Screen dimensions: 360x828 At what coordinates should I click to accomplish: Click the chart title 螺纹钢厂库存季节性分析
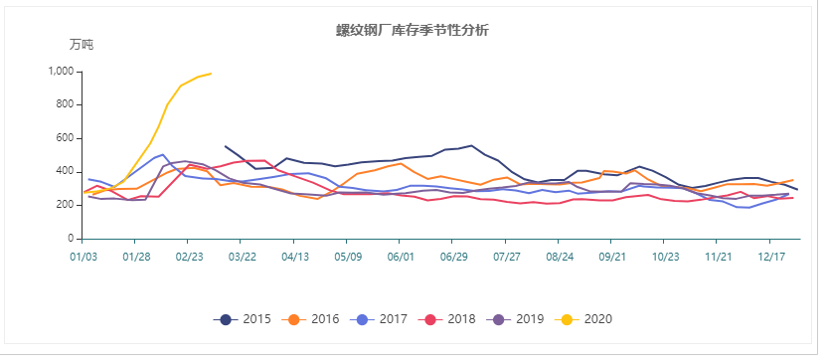tap(413, 31)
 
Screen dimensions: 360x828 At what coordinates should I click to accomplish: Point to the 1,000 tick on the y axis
tap(61, 72)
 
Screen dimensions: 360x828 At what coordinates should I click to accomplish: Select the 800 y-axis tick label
tap(65, 104)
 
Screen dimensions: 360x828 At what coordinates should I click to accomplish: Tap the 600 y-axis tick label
tap(65, 138)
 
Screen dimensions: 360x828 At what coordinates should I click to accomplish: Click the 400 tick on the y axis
tap(65, 172)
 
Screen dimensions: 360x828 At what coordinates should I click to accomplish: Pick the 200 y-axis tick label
tap(65, 205)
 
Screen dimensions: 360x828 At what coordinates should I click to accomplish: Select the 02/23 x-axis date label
tap(189, 257)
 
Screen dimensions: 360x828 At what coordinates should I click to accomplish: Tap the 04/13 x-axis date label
tap(294, 257)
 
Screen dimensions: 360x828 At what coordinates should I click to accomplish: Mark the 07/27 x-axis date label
tap(507, 257)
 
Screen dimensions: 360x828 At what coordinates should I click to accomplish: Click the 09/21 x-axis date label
tap(612, 257)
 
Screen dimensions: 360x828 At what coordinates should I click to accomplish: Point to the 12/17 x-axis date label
tap(771, 257)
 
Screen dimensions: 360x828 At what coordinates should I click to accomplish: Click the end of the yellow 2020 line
tap(211, 73)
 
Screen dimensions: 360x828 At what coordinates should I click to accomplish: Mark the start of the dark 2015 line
tap(226, 146)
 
